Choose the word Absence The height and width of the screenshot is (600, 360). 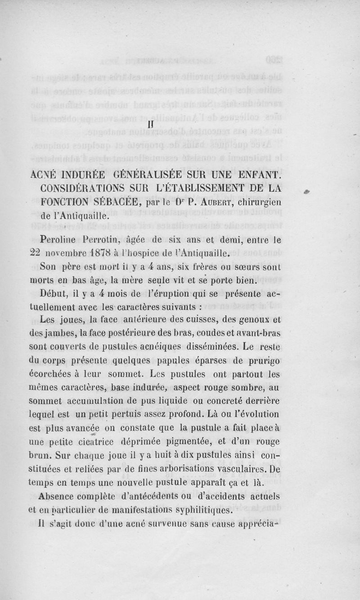[60, 497]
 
